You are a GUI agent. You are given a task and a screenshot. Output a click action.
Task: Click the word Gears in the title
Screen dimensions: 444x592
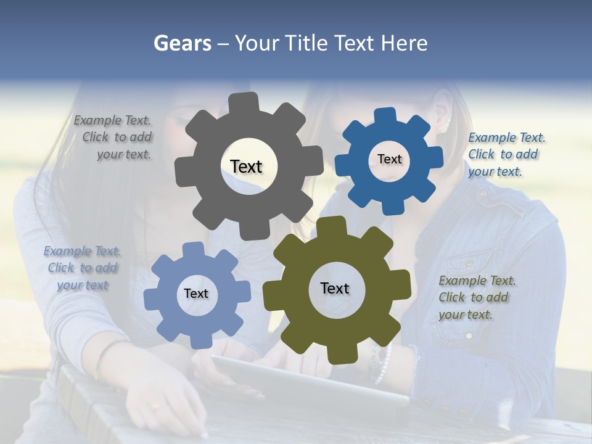click(x=182, y=43)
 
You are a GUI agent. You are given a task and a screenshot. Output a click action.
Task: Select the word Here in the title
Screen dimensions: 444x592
click(x=404, y=43)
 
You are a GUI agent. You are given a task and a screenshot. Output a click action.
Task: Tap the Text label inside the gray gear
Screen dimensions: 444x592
click(x=246, y=166)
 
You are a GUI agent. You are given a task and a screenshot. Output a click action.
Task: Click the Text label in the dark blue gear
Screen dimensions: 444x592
click(x=389, y=159)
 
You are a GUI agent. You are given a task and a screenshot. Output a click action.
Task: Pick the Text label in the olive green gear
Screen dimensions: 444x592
click(x=335, y=288)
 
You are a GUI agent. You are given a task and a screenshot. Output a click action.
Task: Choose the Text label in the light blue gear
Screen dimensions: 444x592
click(x=196, y=294)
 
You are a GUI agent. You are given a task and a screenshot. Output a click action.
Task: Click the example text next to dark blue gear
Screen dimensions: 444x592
click(x=506, y=154)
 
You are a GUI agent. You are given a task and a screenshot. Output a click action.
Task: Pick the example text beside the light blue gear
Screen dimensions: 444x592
click(x=82, y=268)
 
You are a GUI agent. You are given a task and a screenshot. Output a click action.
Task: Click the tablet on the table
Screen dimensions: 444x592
click(x=308, y=382)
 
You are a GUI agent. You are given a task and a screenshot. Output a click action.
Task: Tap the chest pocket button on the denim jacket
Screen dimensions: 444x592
click(x=469, y=264)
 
